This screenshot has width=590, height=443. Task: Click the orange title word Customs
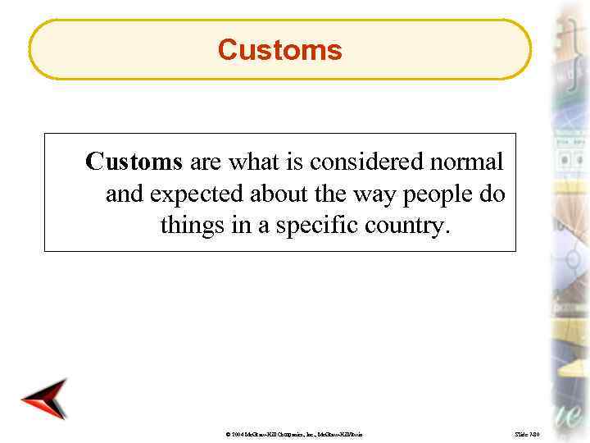coord(279,50)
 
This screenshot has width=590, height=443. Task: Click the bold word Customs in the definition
coord(133,162)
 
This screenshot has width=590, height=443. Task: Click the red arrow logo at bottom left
coord(44,400)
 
